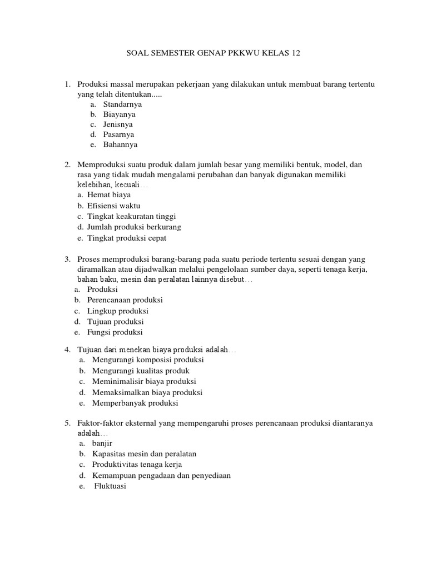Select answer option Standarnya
point(122,104)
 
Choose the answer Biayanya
point(119,114)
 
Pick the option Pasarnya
point(118,134)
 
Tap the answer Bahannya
point(120,144)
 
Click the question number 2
point(67,164)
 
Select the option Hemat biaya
point(109,195)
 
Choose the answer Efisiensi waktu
point(114,206)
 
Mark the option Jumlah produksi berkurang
point(134,227)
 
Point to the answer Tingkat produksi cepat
point(127,238)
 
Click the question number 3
point(67,259)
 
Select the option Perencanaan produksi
point(125,300)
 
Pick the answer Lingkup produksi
point(118,311)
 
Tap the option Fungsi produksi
point(115,332)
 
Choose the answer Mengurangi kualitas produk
point(141,371)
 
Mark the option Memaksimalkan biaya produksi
point(147,392)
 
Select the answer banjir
point(102,443)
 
